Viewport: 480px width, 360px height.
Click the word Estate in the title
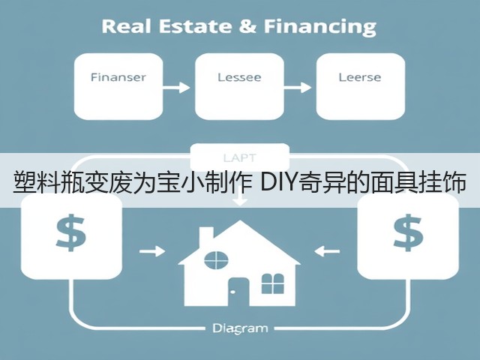195,26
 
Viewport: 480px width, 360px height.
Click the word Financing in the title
320,28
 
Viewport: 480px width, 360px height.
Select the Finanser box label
118,77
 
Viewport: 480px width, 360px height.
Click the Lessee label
239,77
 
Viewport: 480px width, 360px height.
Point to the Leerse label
360,77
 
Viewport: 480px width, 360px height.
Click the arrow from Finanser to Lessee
176,88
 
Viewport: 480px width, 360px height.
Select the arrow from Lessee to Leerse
298,88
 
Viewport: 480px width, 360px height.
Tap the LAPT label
240,158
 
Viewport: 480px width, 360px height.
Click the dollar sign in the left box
71,232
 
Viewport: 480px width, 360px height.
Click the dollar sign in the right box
408,232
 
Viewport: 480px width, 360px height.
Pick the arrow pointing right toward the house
152,251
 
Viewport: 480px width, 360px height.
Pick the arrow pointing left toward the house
327,251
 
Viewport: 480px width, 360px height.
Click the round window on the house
216,260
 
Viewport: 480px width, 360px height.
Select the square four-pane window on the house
273,283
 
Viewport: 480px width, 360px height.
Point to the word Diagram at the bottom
240,328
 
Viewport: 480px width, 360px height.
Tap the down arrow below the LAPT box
240,200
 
